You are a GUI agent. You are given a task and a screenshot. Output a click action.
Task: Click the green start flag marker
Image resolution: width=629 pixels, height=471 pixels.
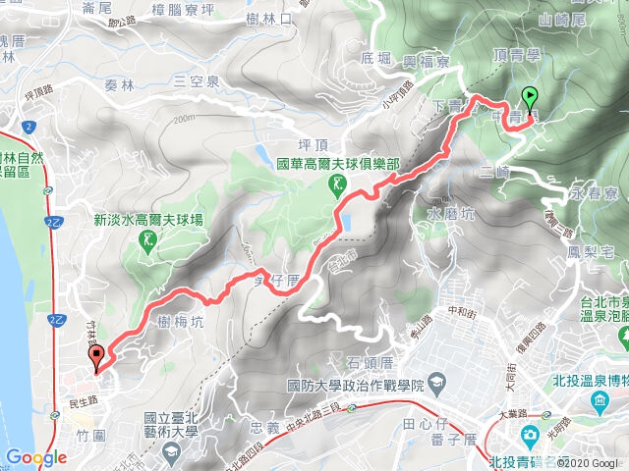531,98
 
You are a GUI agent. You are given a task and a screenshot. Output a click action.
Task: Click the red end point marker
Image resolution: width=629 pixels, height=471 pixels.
95,359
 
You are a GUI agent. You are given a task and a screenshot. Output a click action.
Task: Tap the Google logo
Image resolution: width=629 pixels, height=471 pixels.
35,457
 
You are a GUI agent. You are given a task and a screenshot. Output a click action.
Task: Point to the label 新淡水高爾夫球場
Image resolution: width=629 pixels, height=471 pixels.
148,221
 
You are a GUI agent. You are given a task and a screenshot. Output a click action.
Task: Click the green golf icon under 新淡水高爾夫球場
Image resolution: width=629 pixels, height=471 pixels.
148,240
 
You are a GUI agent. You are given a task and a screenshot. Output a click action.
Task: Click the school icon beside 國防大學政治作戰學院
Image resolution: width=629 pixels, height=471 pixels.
438,385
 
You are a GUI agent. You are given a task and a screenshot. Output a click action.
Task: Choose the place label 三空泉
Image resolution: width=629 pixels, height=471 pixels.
195,81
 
